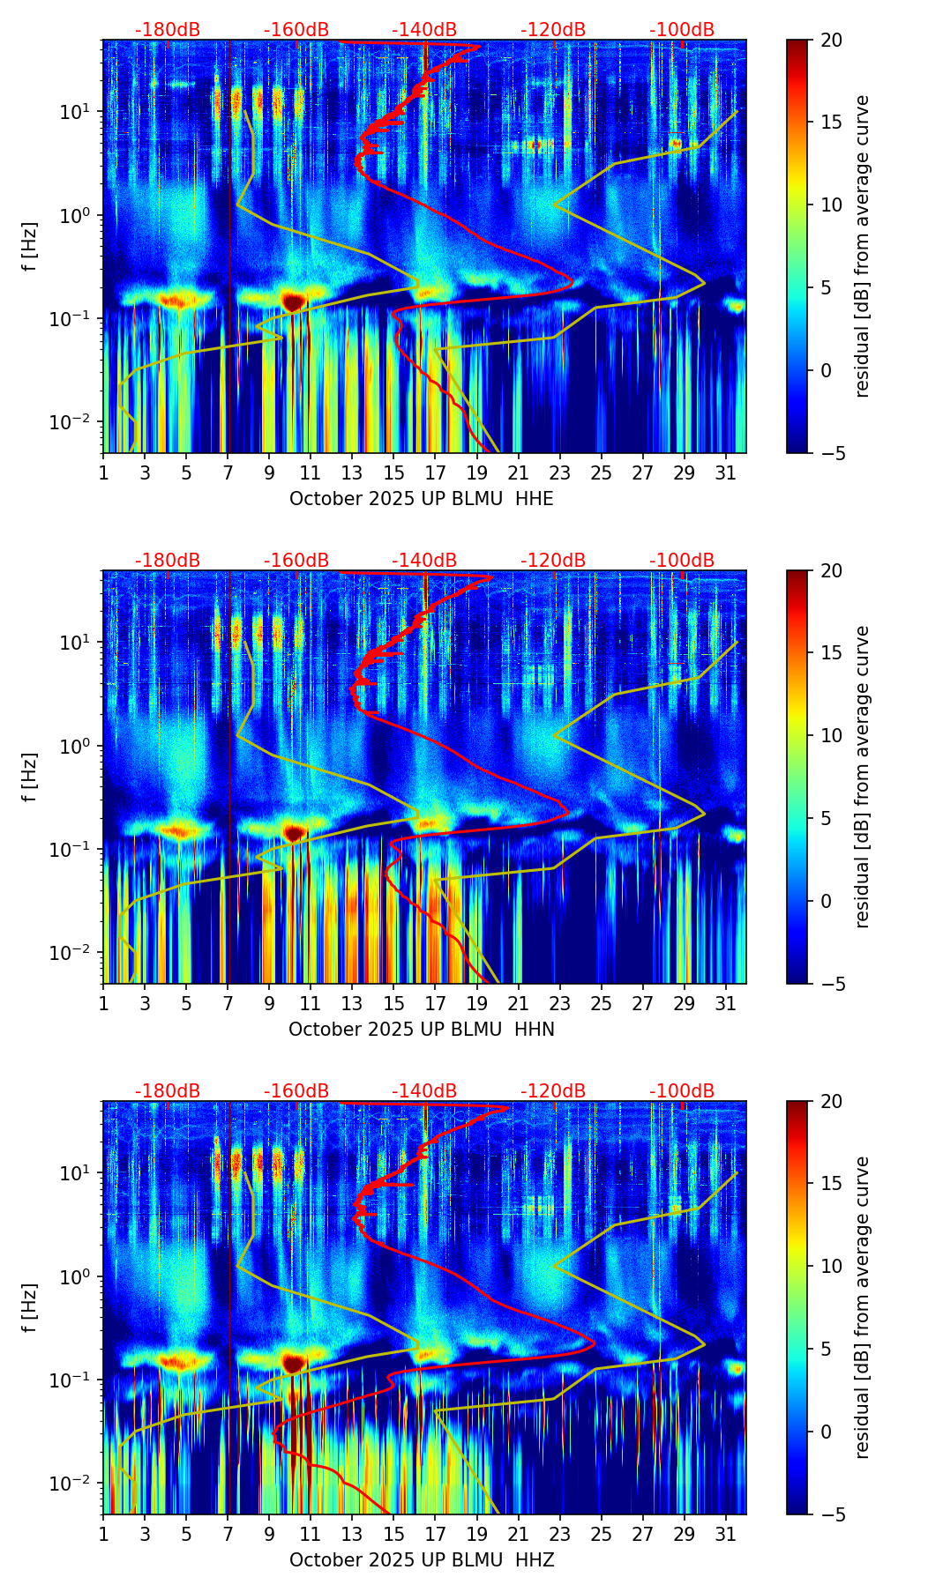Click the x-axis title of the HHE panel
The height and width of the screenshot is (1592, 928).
pyautogui.click(x=421, y=499)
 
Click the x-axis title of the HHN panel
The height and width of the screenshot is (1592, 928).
pyautogui.click(x=421, y=1030)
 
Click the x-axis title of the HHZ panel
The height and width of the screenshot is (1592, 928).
pyautogui.click(x=421, y=1560)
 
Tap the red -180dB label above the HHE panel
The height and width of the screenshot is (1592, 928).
pyautogui.click(x=168, y=30)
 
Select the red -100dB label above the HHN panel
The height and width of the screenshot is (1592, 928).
pyautogui.click(x=682, y=561)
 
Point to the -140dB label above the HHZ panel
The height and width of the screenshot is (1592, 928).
pyautogui.click(x=424, y=1091)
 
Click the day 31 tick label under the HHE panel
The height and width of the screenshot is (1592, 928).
pyautogui.click(x=725, y=472)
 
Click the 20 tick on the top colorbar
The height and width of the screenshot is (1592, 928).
pyautogui.click(x=831, y=41)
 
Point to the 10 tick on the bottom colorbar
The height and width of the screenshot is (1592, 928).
pyautogui.click(x=831, y=1267)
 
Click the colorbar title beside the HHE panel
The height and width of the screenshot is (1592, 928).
pyautogui.click(x=862, y=246)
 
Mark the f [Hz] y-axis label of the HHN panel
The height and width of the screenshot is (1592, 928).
pyautogui.click(x=30, y=777)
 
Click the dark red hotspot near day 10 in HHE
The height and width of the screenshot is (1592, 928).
pyautogui.click(x=294, y=301)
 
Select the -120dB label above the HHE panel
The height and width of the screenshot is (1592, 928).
pyautogui.click(x=553, y=30)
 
